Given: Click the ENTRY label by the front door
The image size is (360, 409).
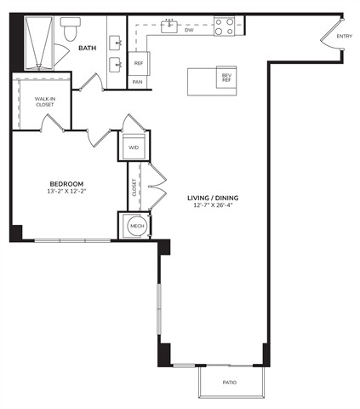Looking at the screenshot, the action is tap(344, 36).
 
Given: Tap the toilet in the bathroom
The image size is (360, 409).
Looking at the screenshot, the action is tap(71, 29).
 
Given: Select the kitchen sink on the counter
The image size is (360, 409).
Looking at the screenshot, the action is tap(169, 26).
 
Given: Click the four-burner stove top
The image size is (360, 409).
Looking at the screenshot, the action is tap(224, 26).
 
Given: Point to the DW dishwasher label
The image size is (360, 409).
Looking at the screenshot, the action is tap(189, 30).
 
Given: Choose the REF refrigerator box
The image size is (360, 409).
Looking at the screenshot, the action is tap(139, 63).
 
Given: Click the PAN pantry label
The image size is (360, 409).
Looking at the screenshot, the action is tap(137, 82).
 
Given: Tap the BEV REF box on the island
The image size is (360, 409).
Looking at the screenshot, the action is tap(226, 78).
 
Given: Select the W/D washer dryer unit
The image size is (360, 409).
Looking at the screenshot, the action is tap(134, 147).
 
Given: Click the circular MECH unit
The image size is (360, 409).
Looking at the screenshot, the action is tap(137, 227).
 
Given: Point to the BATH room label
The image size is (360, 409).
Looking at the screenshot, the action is tap(88, 48).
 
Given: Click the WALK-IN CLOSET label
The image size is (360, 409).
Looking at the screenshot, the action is tap(45, 101).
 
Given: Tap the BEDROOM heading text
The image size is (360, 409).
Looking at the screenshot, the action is tap(66, 184).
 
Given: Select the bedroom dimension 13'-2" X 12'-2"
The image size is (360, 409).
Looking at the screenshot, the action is tap(66, 191).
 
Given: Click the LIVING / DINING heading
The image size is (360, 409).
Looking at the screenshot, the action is tap(213, 198).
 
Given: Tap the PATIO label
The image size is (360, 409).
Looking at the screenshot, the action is tap(230, 383).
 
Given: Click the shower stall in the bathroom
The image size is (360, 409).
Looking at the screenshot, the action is tap(39, 43).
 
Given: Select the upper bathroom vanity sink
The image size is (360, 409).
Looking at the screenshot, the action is tap(116, 43).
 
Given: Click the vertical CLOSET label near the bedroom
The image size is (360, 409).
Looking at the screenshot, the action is tap(134, 187).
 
